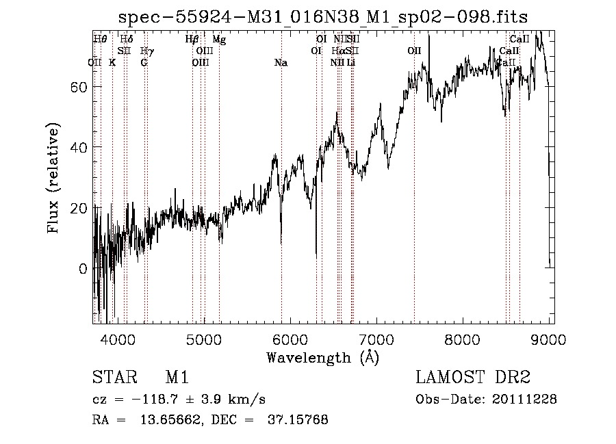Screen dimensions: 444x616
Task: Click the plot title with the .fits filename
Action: (x=323, y=16)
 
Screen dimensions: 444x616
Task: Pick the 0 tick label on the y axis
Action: (x=83, y=269)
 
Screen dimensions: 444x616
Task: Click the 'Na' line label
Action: (x=281, y=63)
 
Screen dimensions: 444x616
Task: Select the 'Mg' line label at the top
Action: (x=219, y=39)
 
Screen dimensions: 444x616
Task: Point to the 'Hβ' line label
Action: (x=192, y=39)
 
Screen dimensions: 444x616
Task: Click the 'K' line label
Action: (x=112, y=63)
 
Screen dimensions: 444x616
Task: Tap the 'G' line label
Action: (x=144, y=63)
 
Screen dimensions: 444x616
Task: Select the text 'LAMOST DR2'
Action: (x=473, y=378)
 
